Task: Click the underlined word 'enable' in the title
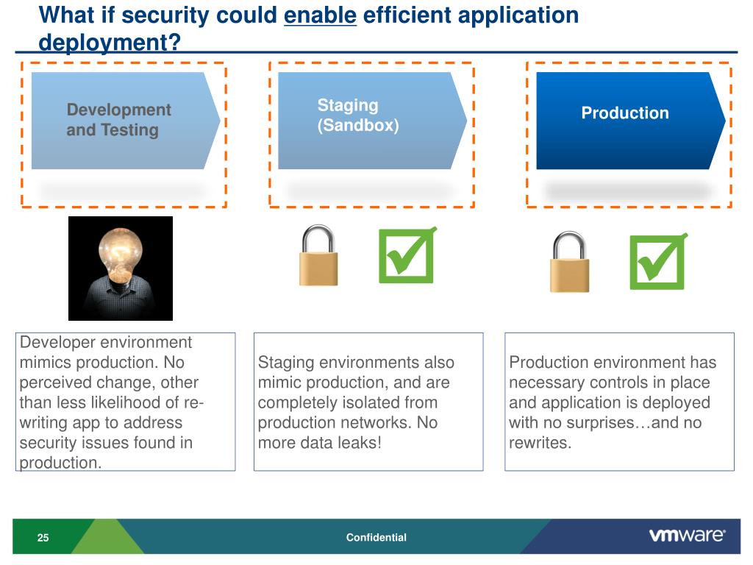(x=320, y=15)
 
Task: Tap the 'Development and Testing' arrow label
(x=118, y=120)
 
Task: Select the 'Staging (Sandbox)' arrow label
(x=358, y=116)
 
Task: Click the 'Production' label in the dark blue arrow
(x=625, y=113)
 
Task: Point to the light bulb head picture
(x=121, y=269)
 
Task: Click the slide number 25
(x=43, y=538)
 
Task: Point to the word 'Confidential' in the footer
(x=376, y=538)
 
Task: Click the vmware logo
(x=687, y=536)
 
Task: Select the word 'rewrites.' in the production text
(x=540, y=443)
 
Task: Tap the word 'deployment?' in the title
(x=110, y=43)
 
